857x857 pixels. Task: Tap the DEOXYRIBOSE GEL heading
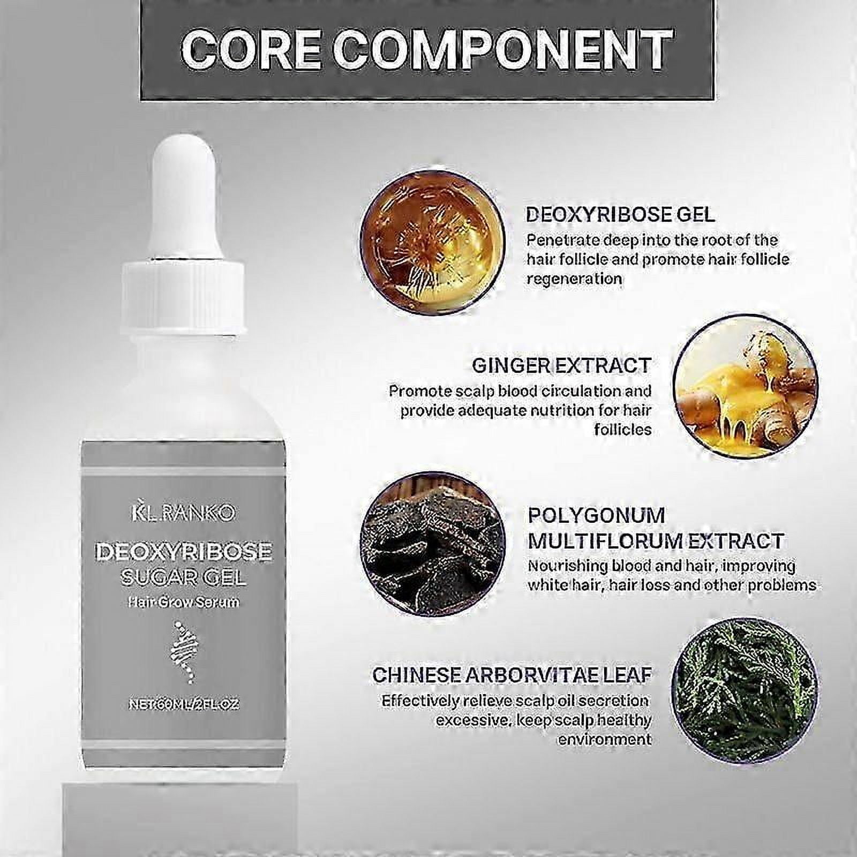click(x=620, y=215)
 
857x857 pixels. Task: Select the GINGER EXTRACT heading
click(x=561, y=366)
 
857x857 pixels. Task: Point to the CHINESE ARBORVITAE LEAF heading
click(x=512, y=675)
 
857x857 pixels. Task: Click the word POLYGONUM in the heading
click(x=596, y=516)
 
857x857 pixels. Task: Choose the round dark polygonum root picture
click(x=432, y=544)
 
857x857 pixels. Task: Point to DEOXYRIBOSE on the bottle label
click(x=183, y=552)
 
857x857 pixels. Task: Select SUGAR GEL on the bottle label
click(x=183, y=577)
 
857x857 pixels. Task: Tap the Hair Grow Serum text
click(x=183, y=602)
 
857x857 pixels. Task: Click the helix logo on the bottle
click(x=183, y=654)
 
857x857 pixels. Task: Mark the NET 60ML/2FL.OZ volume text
click(x=183, y=704)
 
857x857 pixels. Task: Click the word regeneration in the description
click(x=574, y=279)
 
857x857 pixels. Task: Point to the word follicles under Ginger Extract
click(x=623, y=430)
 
